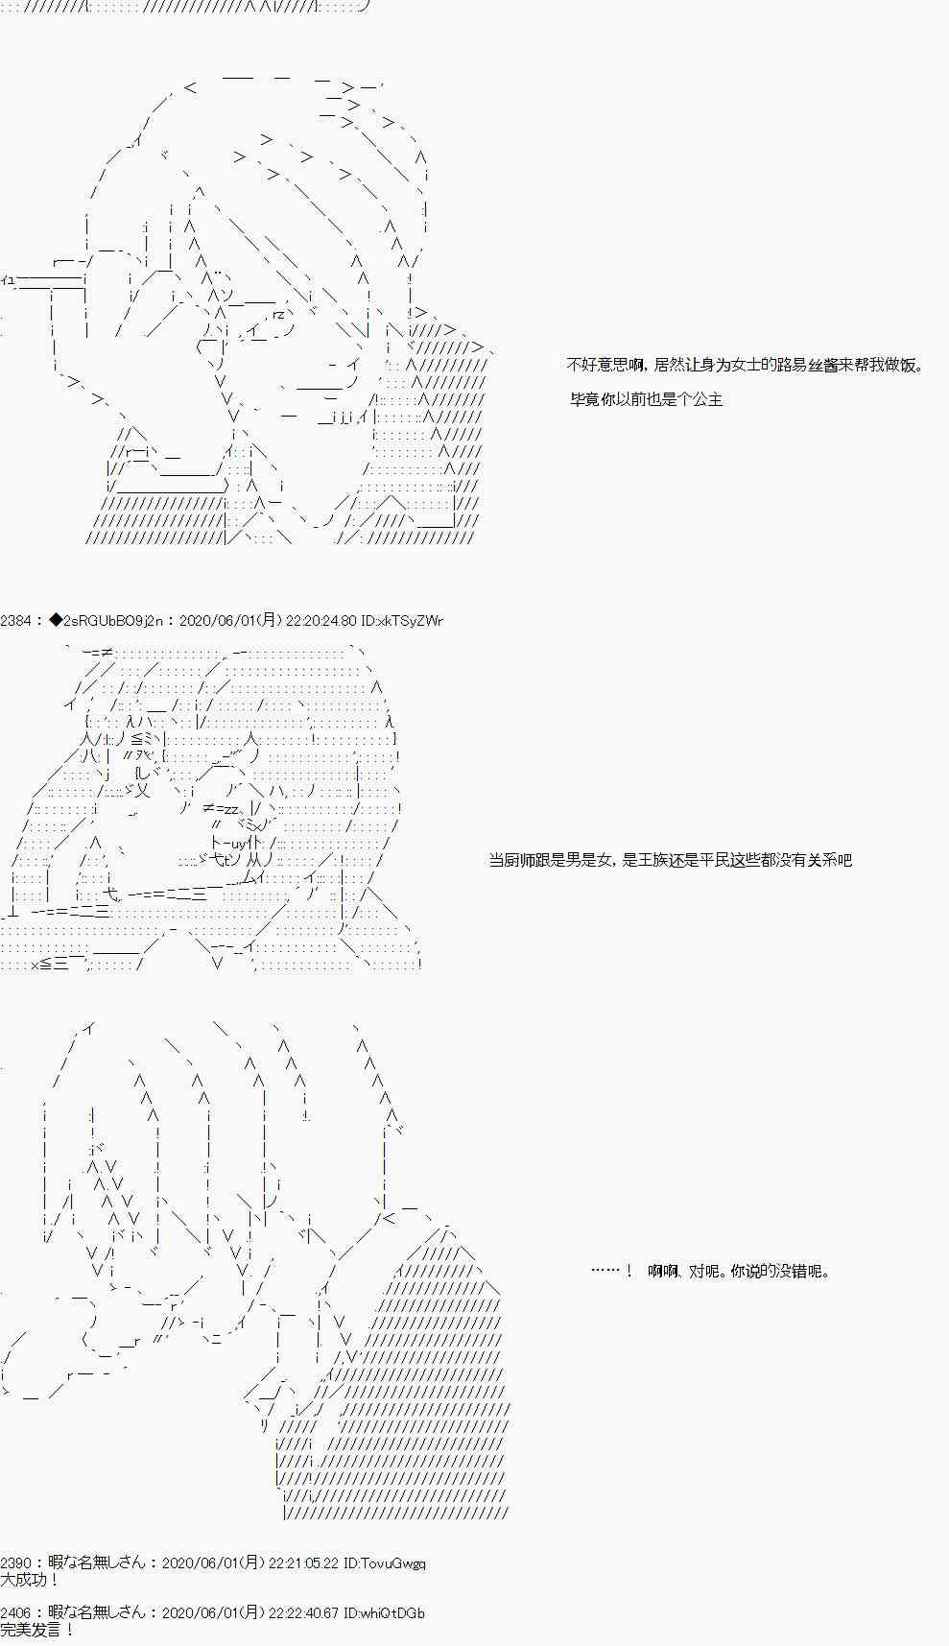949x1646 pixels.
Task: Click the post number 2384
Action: click(15, 621)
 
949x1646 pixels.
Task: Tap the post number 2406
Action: click(15, 1613)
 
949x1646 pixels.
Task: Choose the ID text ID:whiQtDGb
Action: click(384, 1613)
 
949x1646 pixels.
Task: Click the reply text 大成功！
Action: click(30, 1580)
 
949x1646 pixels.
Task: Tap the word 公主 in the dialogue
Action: click(707, 399)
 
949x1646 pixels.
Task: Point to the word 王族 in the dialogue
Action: click(652, 860)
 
